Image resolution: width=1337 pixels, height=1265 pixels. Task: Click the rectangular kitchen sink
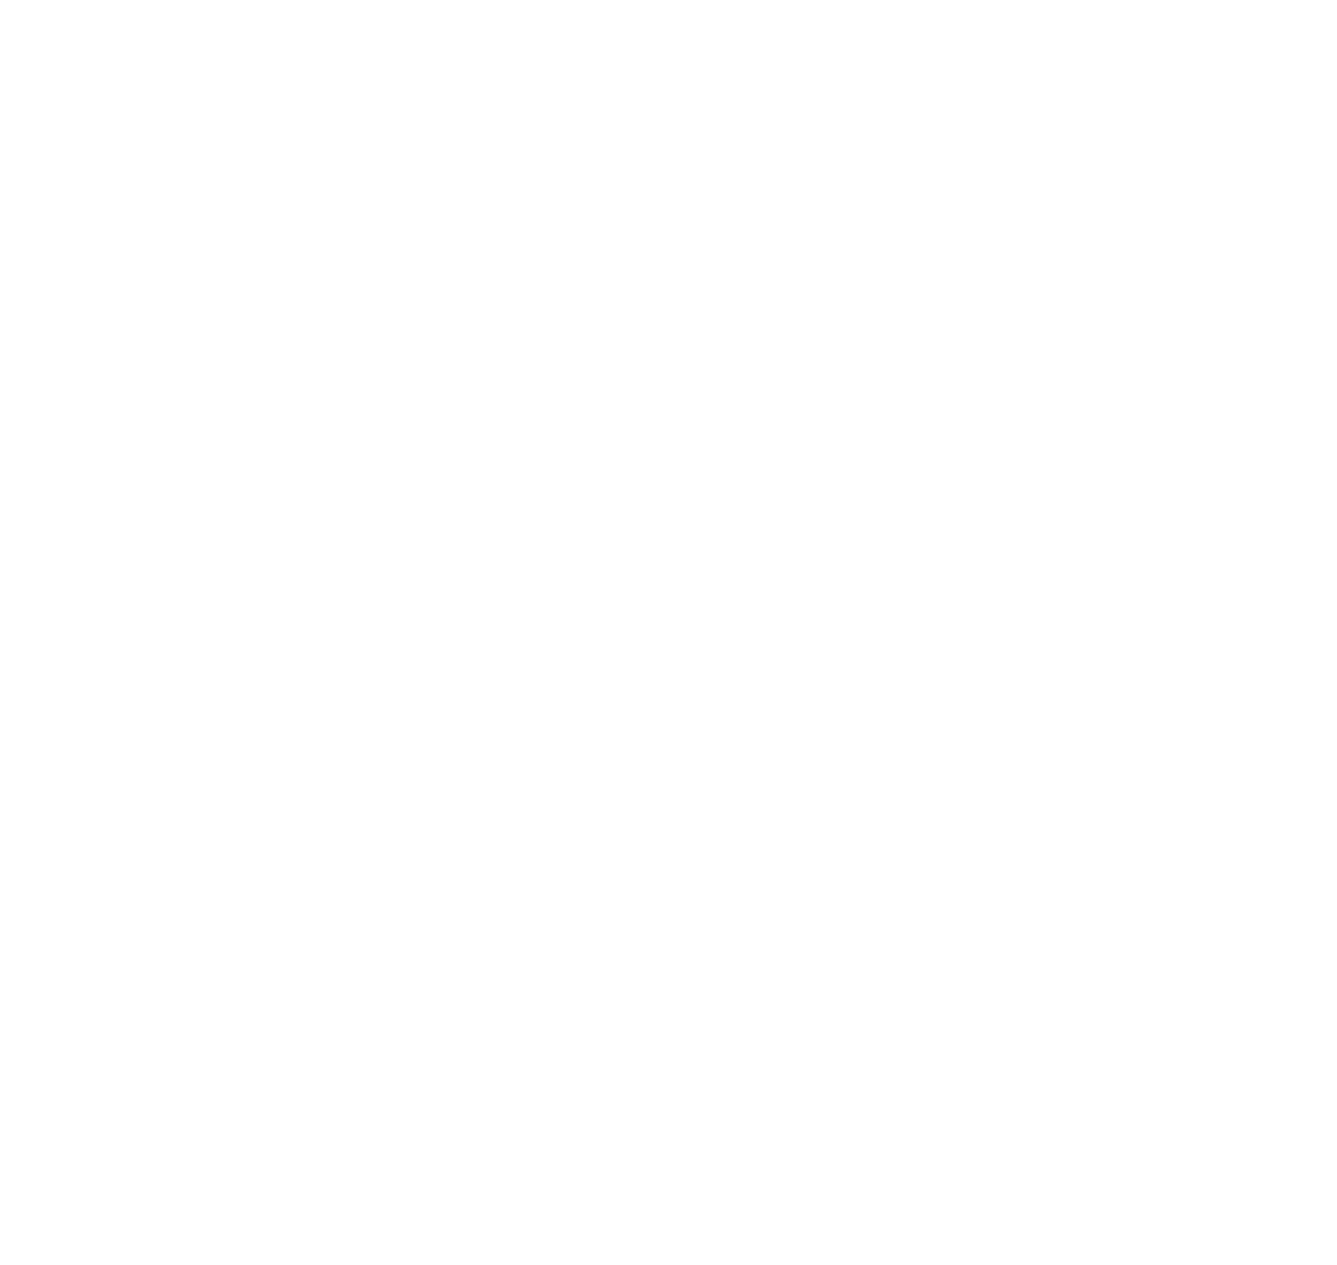click(x=482, y=617)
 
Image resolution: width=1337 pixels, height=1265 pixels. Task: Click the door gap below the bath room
click(x=214, y=282)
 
